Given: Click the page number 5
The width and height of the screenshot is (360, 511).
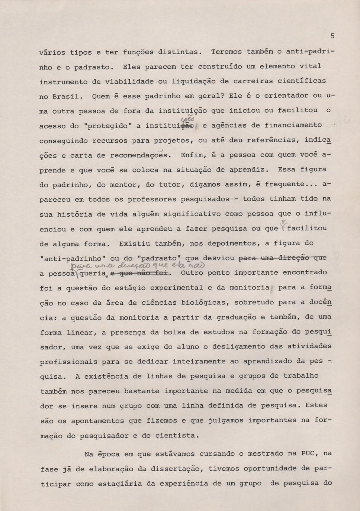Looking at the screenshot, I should [x=332, y=36].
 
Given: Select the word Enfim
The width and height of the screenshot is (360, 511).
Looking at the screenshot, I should [x=192, y=155].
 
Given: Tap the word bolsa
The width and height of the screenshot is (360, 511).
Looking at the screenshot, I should [x=174, y=332].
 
